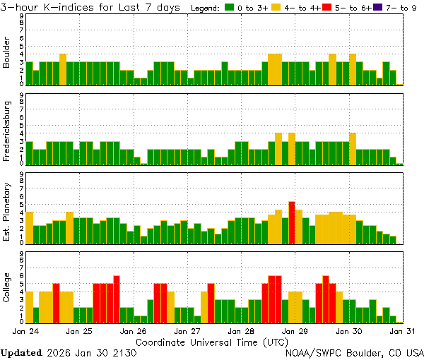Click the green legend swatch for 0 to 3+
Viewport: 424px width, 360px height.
230,8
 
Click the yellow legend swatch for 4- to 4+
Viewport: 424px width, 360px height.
276,8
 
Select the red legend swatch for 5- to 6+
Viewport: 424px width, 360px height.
326,8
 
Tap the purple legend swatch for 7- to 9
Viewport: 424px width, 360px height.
376,8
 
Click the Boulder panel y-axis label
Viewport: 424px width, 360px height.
7,53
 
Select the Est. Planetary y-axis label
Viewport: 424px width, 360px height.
7,211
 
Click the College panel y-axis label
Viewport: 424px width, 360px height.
7,289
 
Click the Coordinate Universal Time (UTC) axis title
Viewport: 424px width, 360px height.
212,341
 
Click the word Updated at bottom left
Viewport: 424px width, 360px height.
20,352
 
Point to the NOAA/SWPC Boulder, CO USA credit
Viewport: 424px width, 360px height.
354,352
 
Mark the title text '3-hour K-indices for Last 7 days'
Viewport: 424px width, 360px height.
92,7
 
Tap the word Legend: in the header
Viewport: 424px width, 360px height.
206,8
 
